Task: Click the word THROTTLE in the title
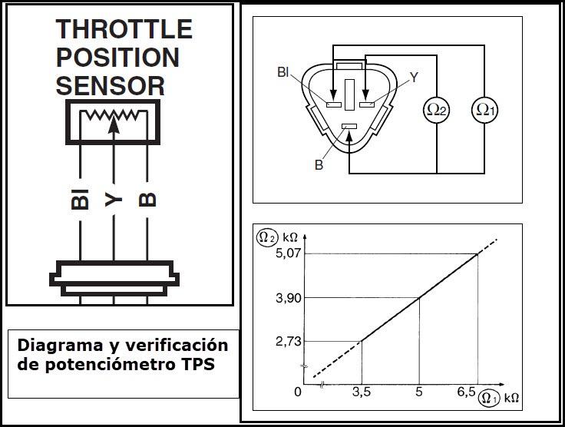click(x=124, y=29)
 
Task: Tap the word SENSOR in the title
click(x=111, y=86)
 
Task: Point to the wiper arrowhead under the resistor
click(x=114, y=124)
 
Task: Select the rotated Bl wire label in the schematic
click(x=80, y=199)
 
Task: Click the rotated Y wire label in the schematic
click(x=114, y=200)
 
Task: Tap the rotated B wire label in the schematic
click(x=147, y=200)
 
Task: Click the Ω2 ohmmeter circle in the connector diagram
click(x=436, y=110)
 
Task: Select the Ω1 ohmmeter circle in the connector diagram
click(x=485, y=110)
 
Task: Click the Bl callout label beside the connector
click(x=283, y=72)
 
